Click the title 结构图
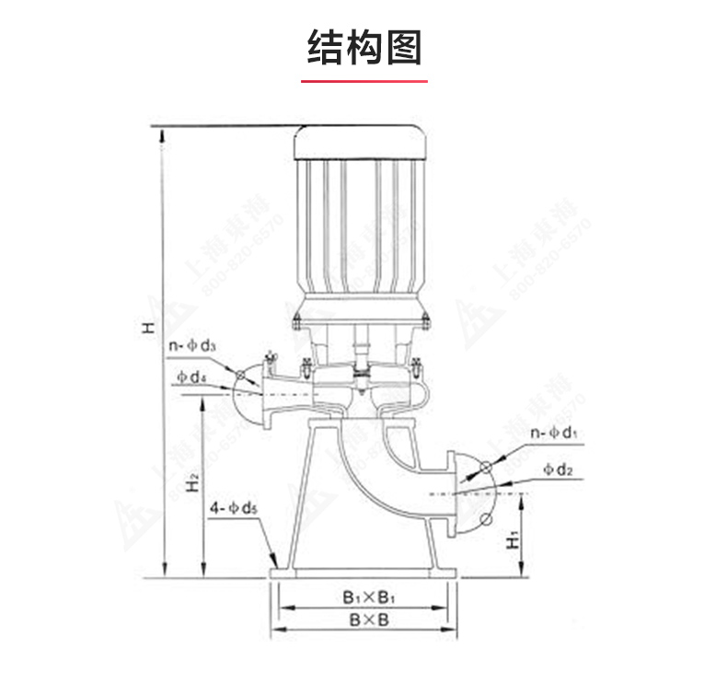[363, 46]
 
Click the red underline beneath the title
[363, 81]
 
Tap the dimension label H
[147, 328]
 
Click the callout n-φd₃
[191, 346]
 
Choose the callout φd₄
[190, 376]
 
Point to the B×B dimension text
[368, 619]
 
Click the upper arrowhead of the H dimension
[164, 135]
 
